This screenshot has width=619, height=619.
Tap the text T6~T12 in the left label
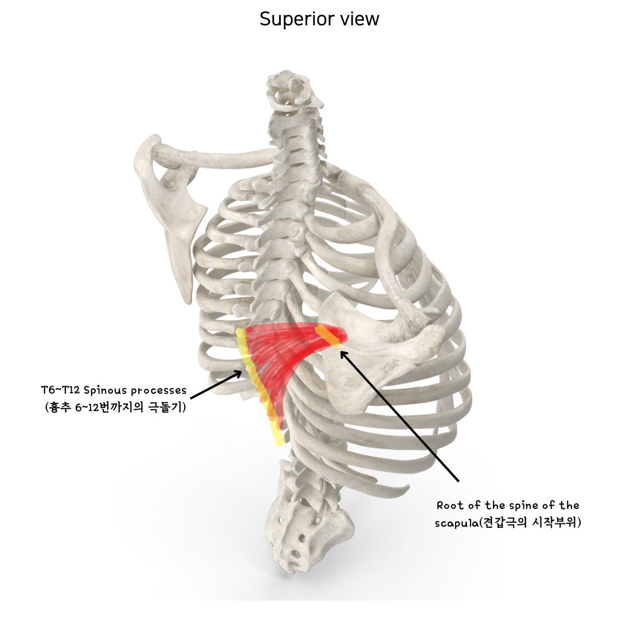(60, 390)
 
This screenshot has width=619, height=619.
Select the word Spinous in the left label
(104, 391)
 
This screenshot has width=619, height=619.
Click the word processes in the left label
(159, 391)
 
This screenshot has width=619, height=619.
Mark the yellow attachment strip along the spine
(258, 390)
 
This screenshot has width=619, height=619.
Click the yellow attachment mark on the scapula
(331, 336)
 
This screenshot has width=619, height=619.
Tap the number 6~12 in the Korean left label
(101, 408)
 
